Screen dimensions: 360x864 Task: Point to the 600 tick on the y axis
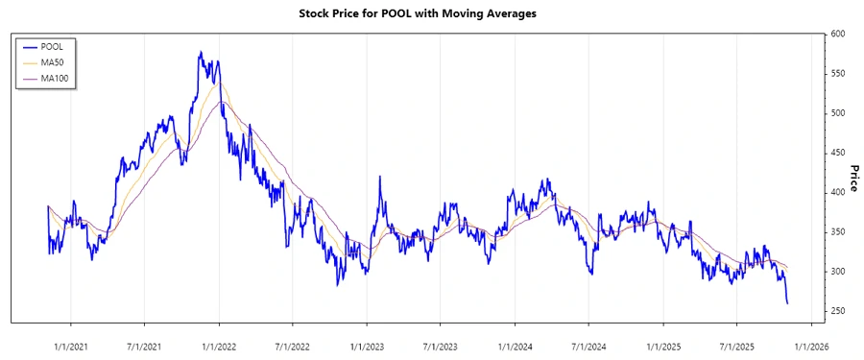click(x=839, y=35)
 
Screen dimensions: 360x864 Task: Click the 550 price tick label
click(x=839, y=74)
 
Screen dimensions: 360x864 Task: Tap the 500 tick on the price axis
click(x=839, y=113)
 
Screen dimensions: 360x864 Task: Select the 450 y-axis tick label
click(x=839, y=153)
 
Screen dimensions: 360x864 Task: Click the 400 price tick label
click(x=839, y=192)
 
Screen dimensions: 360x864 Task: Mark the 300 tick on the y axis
click(x=839, y=272)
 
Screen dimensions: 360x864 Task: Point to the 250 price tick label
click(x=839, y=311)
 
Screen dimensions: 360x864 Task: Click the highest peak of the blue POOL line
click(x=200, y=52)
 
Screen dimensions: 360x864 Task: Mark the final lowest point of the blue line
click(x=788, y=303)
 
